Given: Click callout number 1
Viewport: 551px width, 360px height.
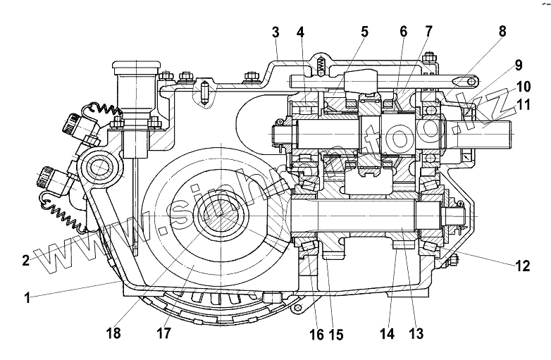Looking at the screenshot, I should (x=27, y=298).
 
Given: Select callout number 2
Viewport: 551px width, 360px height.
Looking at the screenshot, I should (x=25, y=260).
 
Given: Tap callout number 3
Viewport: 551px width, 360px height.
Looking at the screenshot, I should (x=275, y=32).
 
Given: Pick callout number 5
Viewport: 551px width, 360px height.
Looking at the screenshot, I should (x=364, y=32).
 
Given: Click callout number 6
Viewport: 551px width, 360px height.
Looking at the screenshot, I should (x=403, y=32).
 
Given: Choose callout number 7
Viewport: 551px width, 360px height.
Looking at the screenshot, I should (x=428, y=32).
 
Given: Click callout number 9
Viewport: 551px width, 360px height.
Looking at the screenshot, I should (x=519, y=66).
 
